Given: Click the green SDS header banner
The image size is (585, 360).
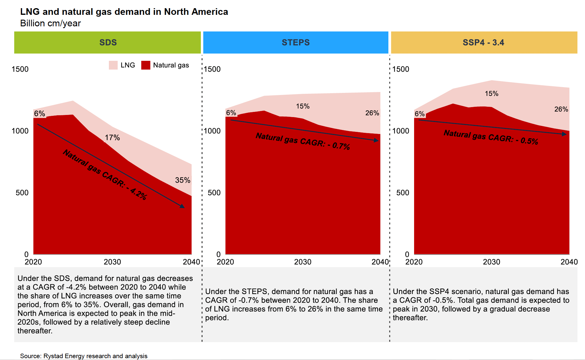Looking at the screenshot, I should [107, 42].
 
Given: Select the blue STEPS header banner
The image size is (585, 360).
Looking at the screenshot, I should [296, 42].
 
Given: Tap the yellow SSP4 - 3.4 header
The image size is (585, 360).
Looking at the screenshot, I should [484, 42].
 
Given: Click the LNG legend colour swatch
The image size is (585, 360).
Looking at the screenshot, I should [113, 65].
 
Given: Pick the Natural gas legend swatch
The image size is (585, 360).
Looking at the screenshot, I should [146, 65].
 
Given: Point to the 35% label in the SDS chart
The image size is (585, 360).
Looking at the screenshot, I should [183, 180].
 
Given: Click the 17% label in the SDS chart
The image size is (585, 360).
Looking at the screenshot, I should [112, 138].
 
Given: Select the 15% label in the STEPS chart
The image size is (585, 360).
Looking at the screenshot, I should [302, 106].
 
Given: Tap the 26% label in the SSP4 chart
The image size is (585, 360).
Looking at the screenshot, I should [561, 109].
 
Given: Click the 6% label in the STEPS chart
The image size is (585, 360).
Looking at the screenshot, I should [231, 113].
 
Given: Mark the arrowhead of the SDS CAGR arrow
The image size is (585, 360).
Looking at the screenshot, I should [182, 206].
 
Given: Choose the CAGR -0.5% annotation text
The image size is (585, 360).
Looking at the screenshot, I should [491, 137].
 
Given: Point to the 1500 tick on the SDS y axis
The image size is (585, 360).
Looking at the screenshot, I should [20, 69].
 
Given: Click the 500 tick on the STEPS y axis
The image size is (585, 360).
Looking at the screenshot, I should [214, 193].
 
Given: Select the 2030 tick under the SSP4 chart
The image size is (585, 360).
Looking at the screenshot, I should [491, 262].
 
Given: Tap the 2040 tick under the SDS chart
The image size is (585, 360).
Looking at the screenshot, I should [191, 262].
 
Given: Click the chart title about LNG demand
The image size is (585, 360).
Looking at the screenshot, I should [124, 12].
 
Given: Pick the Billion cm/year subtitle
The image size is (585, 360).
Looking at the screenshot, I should [51, 23].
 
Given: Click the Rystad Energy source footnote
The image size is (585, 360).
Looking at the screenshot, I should [84, 356].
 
